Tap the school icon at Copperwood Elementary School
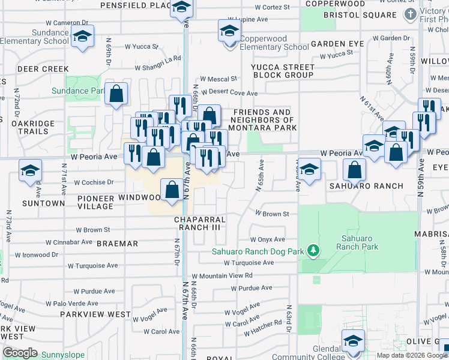coord(229,30)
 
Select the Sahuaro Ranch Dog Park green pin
coord(312,249)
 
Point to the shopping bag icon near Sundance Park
coord(116,94)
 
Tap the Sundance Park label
coord(87,91)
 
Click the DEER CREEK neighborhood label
coord(43,69)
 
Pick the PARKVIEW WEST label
coord(95,314)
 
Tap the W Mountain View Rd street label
coord(222,275)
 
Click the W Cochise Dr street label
coord(94,182)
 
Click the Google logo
coord(19,352)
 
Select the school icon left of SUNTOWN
coord(30,170)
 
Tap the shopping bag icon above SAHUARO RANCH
coord(355,170)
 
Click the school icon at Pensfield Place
coord(181,8)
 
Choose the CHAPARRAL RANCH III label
coord(199,223)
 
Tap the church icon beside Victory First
coord(410,14)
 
